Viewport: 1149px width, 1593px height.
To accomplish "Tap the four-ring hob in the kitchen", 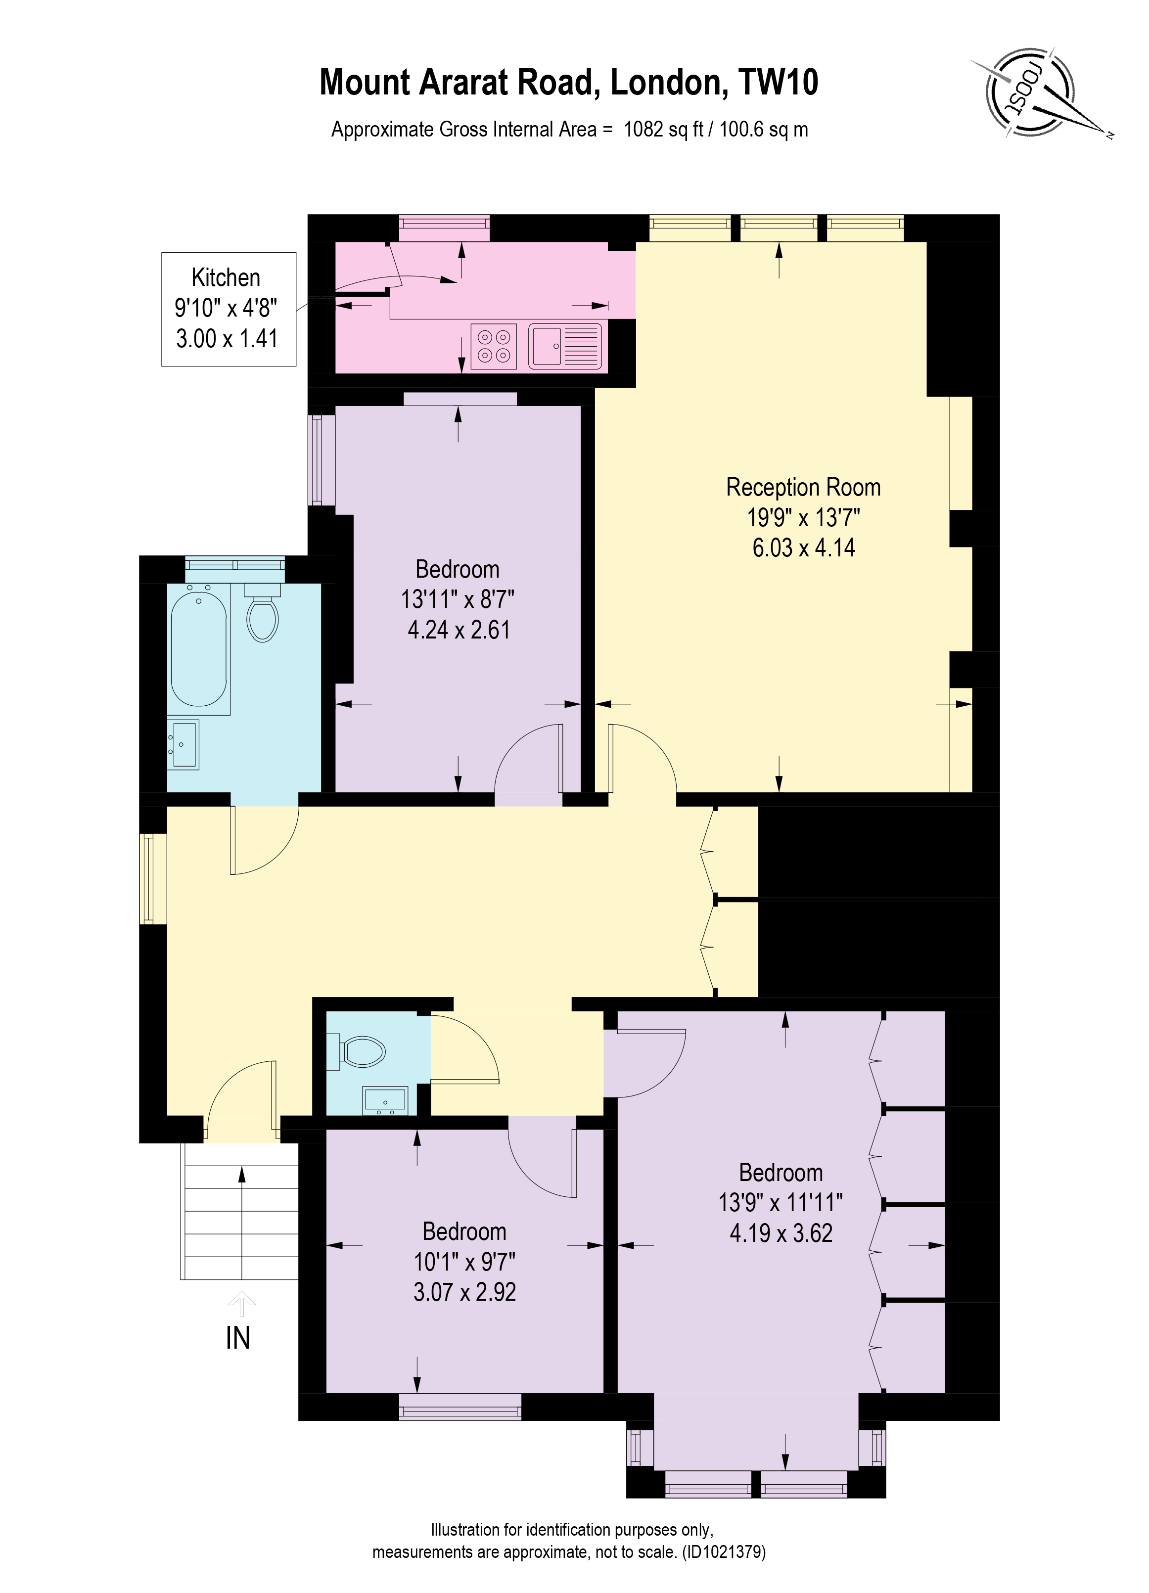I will pos(493,346).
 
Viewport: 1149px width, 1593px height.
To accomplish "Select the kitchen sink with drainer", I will pos(565,346).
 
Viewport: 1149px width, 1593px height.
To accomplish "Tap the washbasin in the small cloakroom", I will pos(385,1100).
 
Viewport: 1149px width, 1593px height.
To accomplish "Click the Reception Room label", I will pos(803,487).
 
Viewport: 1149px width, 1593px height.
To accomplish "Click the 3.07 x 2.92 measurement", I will pos(464,1292).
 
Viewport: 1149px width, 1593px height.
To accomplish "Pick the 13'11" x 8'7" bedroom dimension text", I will pos(457,599).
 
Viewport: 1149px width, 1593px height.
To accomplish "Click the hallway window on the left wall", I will pos(148,879).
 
